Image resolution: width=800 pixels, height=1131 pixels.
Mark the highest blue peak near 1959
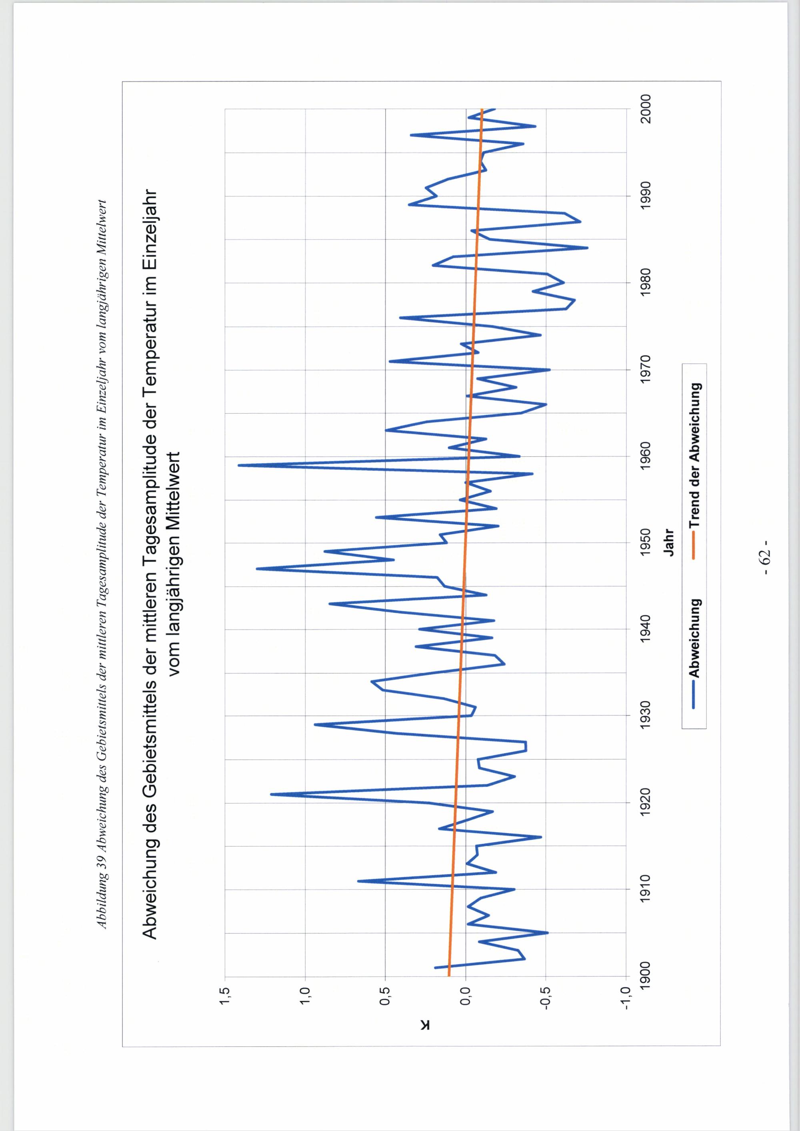point(238,465)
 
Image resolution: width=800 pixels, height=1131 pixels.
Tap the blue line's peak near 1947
point(257,568)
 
